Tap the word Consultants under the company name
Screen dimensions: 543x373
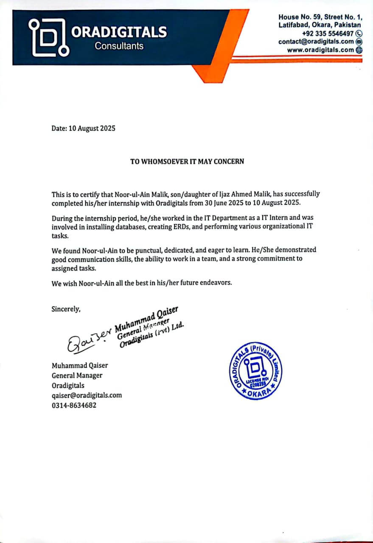[119, 46]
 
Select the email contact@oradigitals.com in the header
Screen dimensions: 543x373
[316, 42]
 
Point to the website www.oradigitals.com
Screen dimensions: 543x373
[320, 50]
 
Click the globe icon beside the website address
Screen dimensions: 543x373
[359, 50]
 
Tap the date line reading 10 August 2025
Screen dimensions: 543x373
[83, 128]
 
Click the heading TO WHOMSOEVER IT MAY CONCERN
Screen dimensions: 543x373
[187, 161]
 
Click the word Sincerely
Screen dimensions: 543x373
[66, 309]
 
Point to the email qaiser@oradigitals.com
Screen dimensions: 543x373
[87, 395]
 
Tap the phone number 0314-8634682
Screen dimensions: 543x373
[74, 405]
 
